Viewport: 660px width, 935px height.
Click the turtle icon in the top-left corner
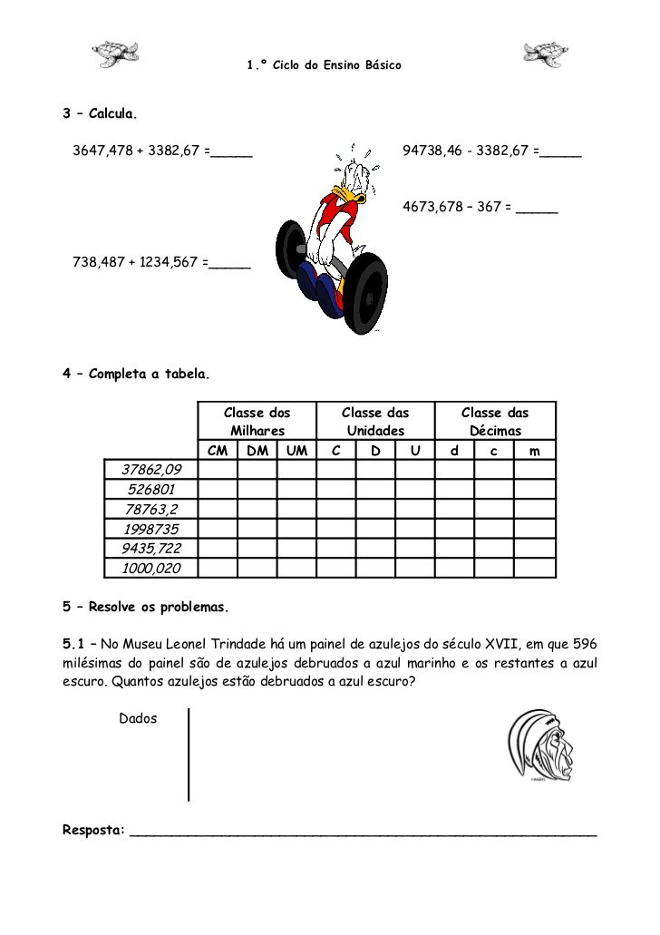pos(115,54)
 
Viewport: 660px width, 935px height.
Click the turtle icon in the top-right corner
pos(546,54)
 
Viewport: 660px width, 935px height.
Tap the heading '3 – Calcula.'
pos(100,115)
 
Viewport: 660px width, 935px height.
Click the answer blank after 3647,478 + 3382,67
pos(231,152)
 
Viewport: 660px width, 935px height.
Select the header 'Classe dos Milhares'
pos(257,422)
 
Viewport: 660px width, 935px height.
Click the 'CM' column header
pos(217,451)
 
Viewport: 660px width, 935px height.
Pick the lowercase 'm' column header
pos(535,451)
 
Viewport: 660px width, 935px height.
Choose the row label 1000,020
pos(151,569)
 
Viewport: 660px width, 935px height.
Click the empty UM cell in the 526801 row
pos(296,489)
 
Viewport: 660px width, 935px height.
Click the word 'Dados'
pos(138,718)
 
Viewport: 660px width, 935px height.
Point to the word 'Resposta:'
pos(93,830)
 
